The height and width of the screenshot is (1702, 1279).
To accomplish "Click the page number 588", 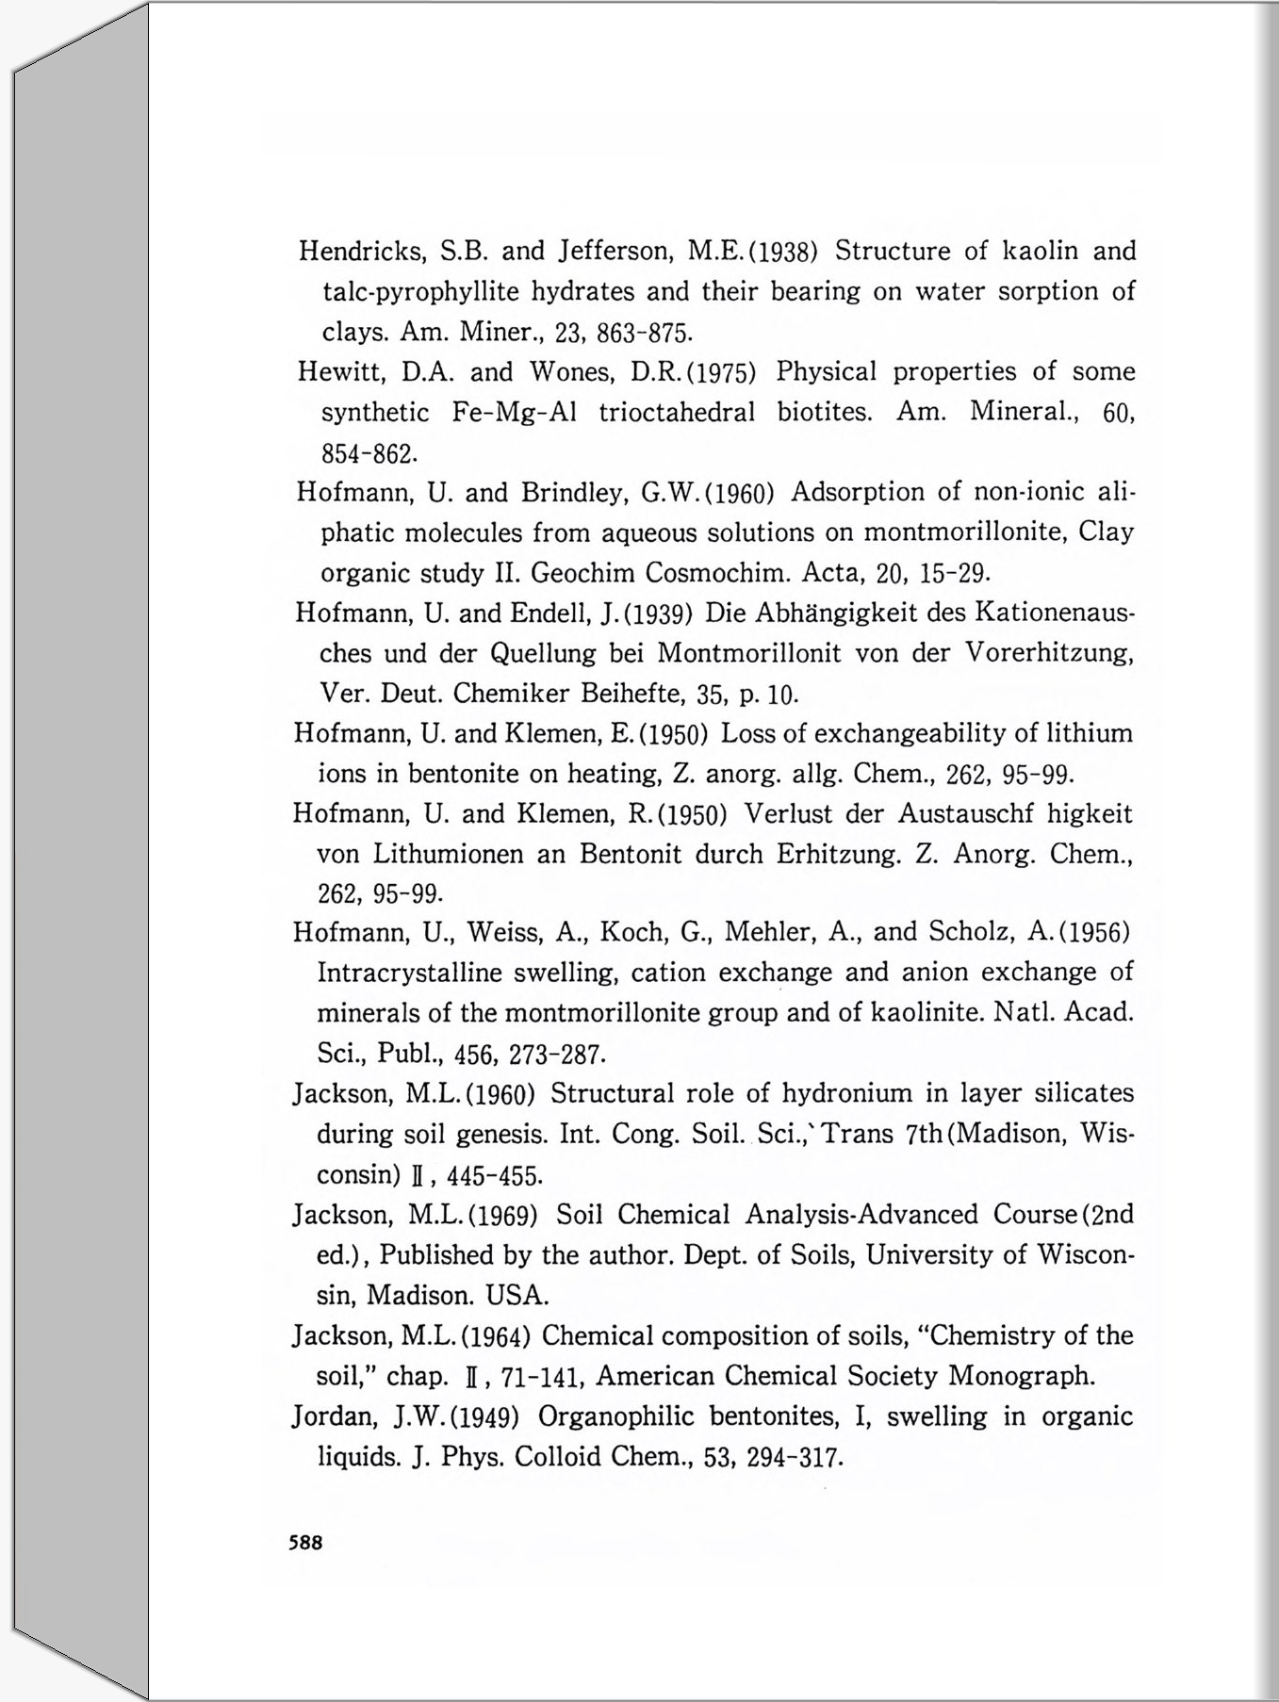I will click(306, 1543).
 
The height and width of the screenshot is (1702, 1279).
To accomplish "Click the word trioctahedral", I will click(677, 413).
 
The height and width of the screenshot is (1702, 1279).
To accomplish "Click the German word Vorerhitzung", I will click(1048, 654).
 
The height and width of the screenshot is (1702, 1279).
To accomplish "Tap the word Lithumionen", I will click(448, 854).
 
